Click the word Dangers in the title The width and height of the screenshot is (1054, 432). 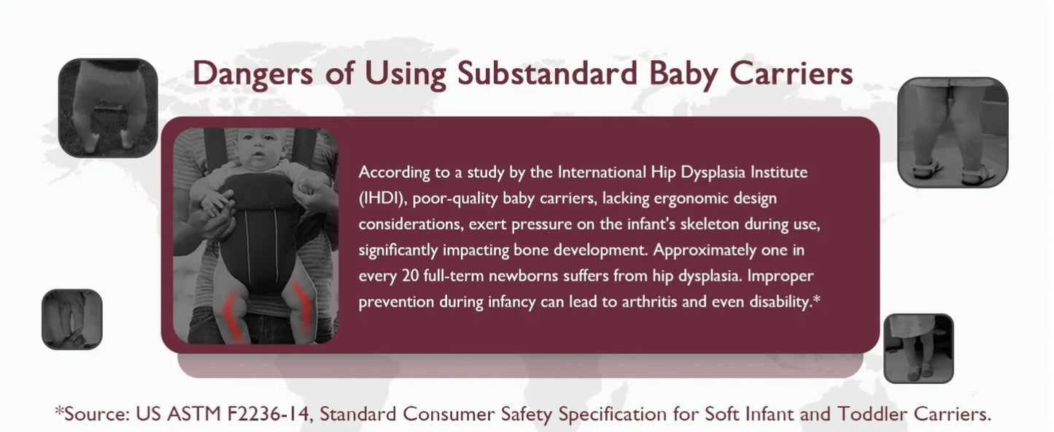tap(252, 74)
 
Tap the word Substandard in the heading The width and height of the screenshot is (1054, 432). tap(547, 73)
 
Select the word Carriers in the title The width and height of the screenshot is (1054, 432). tap(791, 73)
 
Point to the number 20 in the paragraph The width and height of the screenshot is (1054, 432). tap(411, 275)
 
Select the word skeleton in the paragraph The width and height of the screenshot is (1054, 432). tap(710, 224)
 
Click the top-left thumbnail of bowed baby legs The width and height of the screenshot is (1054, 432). tap(108, 108)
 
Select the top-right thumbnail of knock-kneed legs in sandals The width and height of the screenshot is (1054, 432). tap(953, 132)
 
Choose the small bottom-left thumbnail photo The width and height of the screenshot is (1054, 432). tap(72, 320)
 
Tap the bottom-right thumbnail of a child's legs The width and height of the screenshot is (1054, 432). tap(918, 349)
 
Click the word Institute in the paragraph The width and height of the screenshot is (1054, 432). tap(779, 172)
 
